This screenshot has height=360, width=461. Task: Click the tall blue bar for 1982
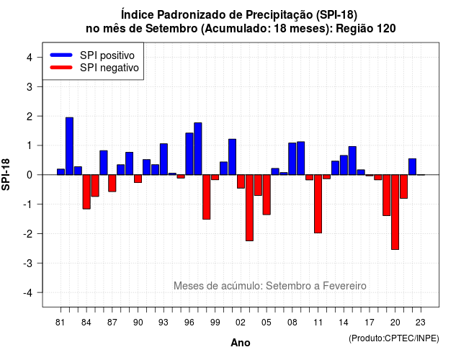pyautogui.click(x=69, y=146)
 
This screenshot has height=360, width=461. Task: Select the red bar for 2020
pyautogui.click(x=395, y=212)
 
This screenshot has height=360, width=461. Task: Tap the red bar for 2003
pyautogui.click(x=249, y=208)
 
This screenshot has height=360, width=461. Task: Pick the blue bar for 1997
pyautogui.click(x=198, y=149)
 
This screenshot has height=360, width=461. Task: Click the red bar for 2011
pyautogui.click(x=318, y=204)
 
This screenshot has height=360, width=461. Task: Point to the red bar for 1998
pyautogui.click(x=207, y=197)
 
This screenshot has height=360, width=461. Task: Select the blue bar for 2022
pyautogui.click(x=412, y=166)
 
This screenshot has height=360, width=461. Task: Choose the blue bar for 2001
pyautogui.click(x=232, y=157)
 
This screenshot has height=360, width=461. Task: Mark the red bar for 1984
pyautogui.click(x=86, y=192)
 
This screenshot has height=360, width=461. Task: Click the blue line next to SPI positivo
pyautogui.click(x=61, y=55)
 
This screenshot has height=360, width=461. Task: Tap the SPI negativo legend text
pyautogui.click(x=109, y=68)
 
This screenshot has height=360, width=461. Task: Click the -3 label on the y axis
pyautogui.click(x=28, y=264)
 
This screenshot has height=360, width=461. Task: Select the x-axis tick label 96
pyautogui.click(x=189, y=323)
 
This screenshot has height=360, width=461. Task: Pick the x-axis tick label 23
pyautogui.click(x=421, y=323)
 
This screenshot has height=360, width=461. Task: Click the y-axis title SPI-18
pyautogui.click(x=6, y=174)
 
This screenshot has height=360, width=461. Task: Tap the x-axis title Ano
pyautogui.click(x=241, y=343)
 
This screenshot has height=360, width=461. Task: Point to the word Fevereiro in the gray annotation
pyautogui.click(x=344, y=286)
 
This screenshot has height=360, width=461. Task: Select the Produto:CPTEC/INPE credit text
pyautogui.click(x=394, y=338)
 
